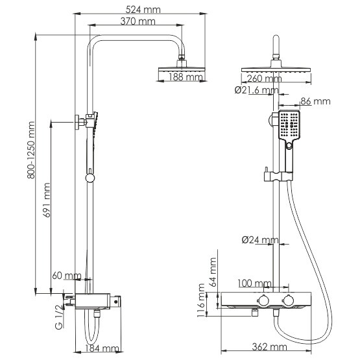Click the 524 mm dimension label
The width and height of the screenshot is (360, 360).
143,10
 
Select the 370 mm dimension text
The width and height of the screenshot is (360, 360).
138,21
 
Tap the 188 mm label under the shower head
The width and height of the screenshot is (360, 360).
186,77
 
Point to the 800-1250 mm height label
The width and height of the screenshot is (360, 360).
31,150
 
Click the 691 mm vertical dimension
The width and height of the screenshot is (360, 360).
47,200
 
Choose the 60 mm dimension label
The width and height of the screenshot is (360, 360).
67,276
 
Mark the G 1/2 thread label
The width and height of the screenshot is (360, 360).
59,317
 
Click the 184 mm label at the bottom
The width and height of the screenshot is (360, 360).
102,348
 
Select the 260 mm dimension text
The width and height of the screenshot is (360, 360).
264,78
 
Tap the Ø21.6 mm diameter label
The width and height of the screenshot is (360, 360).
257,90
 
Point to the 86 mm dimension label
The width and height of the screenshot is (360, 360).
315,101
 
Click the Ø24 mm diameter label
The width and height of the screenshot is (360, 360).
260,240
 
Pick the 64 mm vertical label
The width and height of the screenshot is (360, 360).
213,272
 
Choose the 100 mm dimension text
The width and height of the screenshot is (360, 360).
254,283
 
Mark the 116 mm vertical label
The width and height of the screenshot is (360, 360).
200,300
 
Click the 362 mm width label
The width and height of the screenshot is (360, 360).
270,346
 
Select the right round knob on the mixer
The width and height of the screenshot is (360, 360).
288,300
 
